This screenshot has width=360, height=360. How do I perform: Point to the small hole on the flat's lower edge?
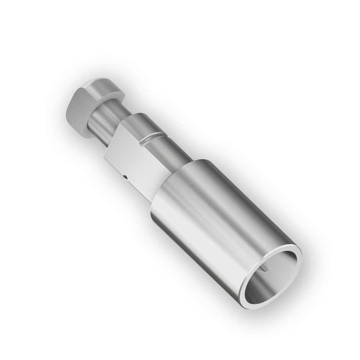(124, 177)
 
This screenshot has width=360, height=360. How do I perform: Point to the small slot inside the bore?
(265, 268)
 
